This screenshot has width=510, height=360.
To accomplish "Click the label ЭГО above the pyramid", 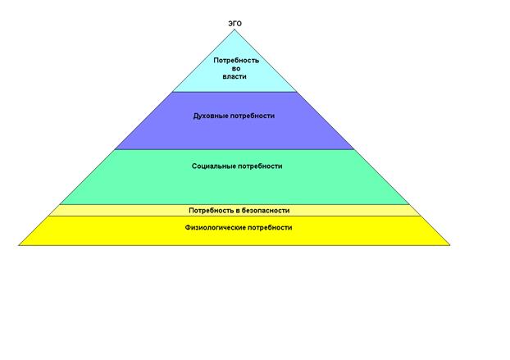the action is click(235, 24).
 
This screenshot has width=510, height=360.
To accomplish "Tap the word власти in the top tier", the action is click(235, 77).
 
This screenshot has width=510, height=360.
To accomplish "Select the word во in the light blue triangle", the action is click(236, 69).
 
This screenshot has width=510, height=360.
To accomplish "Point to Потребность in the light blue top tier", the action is click(236, 61).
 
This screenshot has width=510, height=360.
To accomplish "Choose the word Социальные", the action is click(214, 166).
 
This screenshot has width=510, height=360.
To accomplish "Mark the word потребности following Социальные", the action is click(260, 166).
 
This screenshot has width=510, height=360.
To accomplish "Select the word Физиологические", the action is click(216, 228).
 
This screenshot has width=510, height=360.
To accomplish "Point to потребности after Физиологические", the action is click(270, 228).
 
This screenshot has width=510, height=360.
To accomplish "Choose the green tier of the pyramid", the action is click(235, 185).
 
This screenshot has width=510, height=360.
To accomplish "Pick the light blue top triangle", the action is click(235, 75).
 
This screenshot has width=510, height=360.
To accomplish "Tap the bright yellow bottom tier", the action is click(235, 237).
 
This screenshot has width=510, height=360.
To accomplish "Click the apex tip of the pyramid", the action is click(235, 30).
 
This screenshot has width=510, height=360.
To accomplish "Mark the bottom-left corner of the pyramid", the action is click(19, 245).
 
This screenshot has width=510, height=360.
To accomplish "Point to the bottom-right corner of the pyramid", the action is click(450, 245).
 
